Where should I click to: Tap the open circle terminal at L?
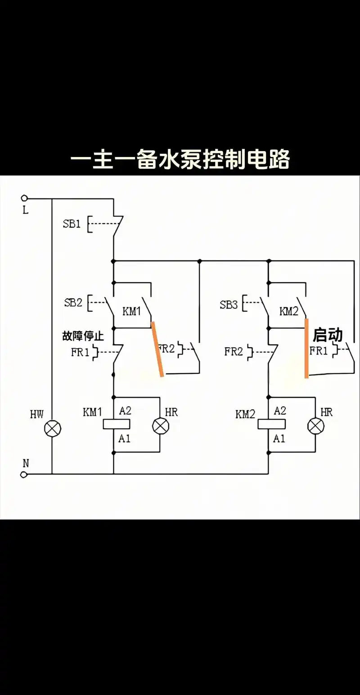tap(24, 198)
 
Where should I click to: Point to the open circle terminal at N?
tap(24, 474)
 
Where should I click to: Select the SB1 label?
tap(72, 224)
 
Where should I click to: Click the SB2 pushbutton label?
tap(73, 302)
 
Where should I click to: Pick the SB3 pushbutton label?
tap(229, 305)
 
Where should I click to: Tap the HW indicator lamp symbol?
tap(52, 429)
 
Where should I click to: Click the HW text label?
tap(37, 414)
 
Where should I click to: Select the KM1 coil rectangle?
tap(117, 424)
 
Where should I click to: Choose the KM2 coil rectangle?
tap(271, 424)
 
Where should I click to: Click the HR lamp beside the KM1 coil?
tap(160, 426)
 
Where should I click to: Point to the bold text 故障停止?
tap(83, 336)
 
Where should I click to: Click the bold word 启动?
tap(328, 335)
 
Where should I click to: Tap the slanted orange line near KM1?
tap(157, 349)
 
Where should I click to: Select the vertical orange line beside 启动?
tap(306, 348)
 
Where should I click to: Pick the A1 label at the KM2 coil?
tap(279, 438)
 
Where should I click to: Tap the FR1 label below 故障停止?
tap(80, 352)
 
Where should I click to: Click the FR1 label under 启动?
tap(319, 351)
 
